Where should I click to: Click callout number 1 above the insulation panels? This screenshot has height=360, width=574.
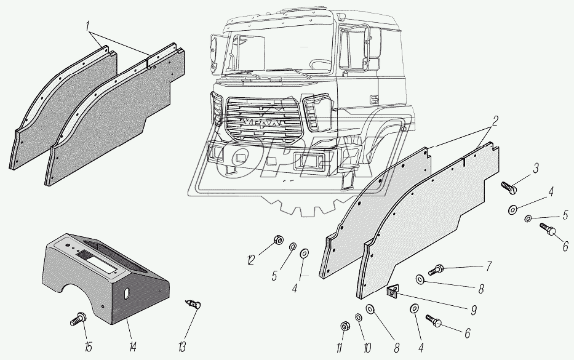tap(88, 26)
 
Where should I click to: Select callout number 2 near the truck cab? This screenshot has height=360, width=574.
tap(495, 121)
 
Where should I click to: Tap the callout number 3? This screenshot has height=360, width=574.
tap(536, 169)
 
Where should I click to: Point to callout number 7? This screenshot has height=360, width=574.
tap(488, 266)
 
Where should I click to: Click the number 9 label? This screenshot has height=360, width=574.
tap(474, 311)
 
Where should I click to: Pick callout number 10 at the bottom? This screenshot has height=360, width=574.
tap(367, 347)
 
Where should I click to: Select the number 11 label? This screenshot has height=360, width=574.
tap(340, 347)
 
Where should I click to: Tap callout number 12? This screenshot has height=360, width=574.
tap(250, 260)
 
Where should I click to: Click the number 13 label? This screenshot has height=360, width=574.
tap(182, 346)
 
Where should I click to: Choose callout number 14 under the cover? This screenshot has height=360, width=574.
tap(132, 346)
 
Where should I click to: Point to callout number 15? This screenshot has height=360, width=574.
tap(88, 346)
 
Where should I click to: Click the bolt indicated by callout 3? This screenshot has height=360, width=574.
tap(509, 188)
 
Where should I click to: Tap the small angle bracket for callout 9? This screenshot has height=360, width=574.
tap(393, 292)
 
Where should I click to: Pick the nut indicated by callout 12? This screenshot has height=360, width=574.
tap(278, 240)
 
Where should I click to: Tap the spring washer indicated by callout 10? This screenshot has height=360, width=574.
tap(359, 316)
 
